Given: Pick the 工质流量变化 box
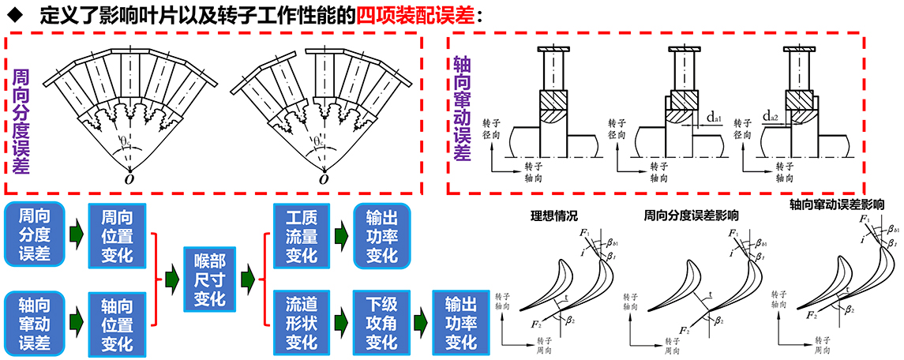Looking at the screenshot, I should [301, 234].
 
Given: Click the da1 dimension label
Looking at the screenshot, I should [715, 118].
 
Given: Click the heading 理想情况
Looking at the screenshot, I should [554, 215].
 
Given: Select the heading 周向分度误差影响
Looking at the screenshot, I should [691, 215].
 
